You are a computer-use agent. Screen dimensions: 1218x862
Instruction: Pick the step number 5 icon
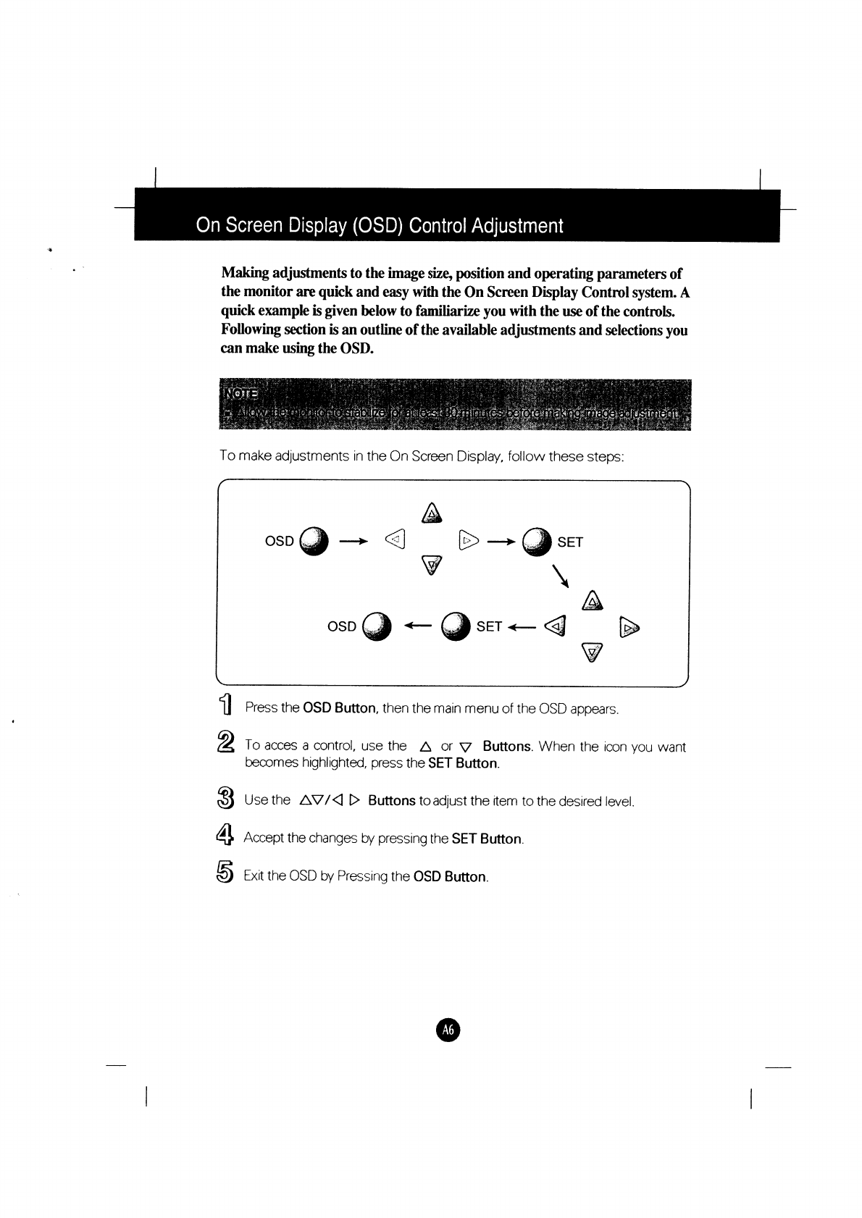[x=225, y=875]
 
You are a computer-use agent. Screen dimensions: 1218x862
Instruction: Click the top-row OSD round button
[x=314, y=541]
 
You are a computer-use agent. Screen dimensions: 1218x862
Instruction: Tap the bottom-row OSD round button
[x=377, y=626]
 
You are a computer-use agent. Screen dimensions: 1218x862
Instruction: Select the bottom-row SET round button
[x=456, y=626]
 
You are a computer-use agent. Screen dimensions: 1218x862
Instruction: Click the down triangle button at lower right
[x=593, y=654]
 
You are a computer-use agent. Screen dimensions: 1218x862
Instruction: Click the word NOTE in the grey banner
[x=241, y=393]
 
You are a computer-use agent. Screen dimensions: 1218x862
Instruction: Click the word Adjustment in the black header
[x=517, y=226]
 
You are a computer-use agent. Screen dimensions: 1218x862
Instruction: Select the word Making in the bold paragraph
[x=245, y=274]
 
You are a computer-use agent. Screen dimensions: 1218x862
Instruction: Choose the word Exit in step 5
[x=254, y=876]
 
